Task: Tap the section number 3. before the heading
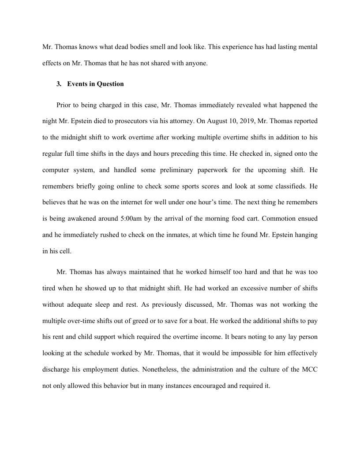[59, 84]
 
